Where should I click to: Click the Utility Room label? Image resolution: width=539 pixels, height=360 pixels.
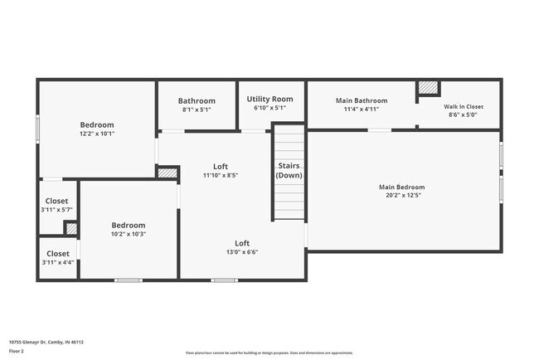269,99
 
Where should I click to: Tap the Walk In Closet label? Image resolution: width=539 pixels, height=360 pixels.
463,106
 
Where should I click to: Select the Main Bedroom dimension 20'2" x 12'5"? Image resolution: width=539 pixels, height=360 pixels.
401,196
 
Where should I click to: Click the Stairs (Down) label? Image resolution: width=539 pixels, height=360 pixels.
289,171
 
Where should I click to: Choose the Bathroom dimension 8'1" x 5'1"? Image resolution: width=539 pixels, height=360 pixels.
197,109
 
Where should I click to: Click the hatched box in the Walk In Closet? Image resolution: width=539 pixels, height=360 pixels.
428,87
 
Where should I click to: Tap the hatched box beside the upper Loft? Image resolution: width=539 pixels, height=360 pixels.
168,173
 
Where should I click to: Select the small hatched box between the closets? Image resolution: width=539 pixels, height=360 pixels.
71,228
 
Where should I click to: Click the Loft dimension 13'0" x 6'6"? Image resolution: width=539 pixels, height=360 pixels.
242,252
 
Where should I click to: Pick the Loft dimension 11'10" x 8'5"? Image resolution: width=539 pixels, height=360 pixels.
221,175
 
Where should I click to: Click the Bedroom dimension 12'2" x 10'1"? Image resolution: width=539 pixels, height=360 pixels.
97,134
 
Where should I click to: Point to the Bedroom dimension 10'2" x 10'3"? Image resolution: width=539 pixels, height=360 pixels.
129,234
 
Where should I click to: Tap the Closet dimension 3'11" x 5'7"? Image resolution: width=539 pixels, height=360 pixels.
57,210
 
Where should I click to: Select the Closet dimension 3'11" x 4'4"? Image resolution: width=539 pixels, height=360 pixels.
57,262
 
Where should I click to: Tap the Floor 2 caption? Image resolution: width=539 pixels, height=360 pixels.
17,351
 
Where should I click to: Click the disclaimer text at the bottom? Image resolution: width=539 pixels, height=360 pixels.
269,353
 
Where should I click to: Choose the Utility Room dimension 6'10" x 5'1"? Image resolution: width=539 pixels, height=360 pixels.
269,108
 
